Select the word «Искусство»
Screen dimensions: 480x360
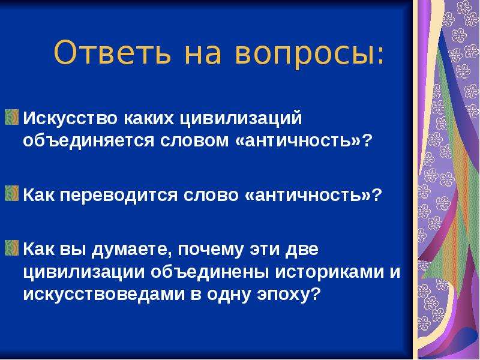pos(70,118)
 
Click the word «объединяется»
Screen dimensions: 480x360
pos(88,141)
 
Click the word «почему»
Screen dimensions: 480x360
pos(211,250)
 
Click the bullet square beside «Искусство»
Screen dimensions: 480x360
pos(11,118)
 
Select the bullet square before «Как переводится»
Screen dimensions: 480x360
pos(11,194)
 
